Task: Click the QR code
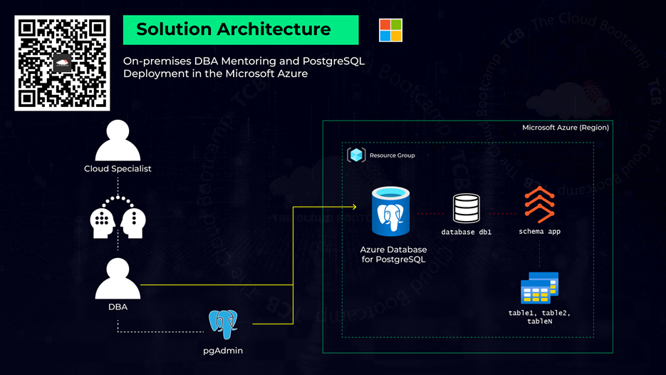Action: tap(62, 63)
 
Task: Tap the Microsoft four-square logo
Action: tap(390, 31)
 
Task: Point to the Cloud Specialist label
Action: tap(118, 169)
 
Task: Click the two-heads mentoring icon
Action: tap(118, 217)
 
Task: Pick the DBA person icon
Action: tap(118, 279)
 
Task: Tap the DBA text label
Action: tap(118, 307)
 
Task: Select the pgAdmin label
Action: tap(223, 351)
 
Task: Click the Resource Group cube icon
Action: tap(356, 155)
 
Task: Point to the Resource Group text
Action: tap(392, 155)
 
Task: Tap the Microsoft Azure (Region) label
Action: tap(566, 128)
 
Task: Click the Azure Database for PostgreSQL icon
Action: tap(391, 212)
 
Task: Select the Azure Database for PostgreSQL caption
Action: tap(394, 255)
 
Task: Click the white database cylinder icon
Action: tap(467, 209)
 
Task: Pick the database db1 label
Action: tap(467, 232)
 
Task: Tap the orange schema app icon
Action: tap(539, 205)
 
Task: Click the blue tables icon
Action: tap(539, 288)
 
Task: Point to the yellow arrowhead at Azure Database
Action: tap(353, 207)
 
